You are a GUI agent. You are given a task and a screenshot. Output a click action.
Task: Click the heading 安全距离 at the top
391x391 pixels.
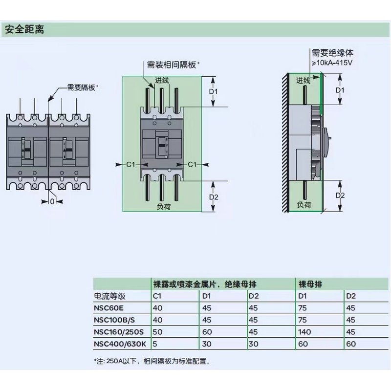point(24,30)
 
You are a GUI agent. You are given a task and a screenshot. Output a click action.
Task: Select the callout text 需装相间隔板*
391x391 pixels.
point(174,65)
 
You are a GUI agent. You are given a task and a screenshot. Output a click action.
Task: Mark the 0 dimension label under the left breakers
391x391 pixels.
point(52,201)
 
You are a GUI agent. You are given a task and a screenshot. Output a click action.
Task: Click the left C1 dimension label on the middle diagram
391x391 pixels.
point(130,165)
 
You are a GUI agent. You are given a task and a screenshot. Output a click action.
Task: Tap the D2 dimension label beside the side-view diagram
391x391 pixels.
point(340,196)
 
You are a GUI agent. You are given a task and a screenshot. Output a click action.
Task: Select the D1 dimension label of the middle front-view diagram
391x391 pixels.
point(213,91)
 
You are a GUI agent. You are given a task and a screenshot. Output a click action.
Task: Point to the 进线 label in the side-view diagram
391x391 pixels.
point(303,81)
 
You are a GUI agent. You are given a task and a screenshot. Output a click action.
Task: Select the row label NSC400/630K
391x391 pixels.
point(120,344)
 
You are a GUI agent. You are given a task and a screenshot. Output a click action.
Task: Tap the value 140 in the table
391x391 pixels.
point(305,332)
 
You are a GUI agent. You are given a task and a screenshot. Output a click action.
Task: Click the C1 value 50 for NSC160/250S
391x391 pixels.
point(158,332)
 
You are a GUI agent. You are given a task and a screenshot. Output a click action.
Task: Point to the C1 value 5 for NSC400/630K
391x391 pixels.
point(155,344)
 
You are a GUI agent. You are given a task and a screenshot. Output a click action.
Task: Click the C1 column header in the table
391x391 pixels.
point(158,296)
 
